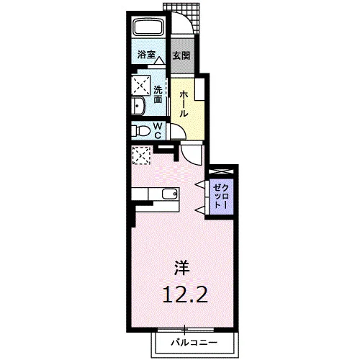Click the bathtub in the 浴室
148,27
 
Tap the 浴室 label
146,55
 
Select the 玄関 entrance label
181,55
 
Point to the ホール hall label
184,104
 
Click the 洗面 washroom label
158,94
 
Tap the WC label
158,130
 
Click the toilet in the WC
141,130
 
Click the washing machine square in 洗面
141,85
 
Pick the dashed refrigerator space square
141,156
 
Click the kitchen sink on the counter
170,194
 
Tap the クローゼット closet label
221,197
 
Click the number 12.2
185,294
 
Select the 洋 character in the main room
181,268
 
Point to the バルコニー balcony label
194,343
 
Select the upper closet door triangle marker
201,184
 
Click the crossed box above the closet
221,171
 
